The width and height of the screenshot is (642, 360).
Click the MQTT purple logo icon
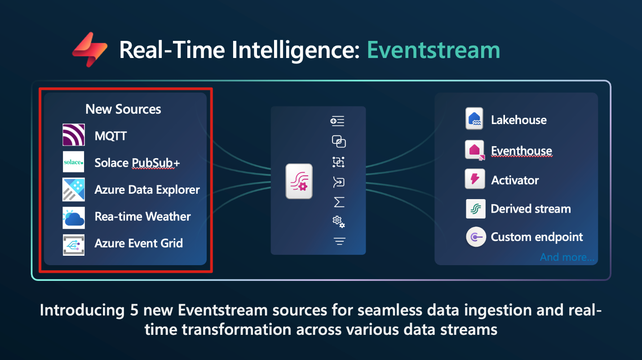click(x=74, y=135)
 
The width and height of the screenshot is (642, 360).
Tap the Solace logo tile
click(x=73, y=162)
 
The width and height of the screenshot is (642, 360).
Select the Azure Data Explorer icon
click(x=74, y=190)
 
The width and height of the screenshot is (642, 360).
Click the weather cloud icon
click(x=74, y=218)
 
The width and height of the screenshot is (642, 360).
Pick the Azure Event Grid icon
click(x=74, y=245)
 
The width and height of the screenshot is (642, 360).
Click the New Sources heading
click(x=123, y=109)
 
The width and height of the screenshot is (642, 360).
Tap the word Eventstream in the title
click(x=434, y=50)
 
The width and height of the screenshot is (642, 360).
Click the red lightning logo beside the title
click(x=90, y=49)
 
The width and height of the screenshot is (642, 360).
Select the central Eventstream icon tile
click(x=299, y=181)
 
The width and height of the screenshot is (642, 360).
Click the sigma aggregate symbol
click(x=339, y=202)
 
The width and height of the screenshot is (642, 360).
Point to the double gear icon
click(x=339, y=222)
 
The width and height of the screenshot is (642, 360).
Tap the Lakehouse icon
click(x=474, y=119)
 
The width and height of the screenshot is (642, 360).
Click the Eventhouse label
click(x=522, y=151)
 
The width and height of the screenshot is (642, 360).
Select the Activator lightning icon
click(x=475, y=179)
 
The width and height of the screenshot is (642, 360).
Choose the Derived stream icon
click(x=476, y=209)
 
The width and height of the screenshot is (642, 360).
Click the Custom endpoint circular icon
click(x=476, y=237)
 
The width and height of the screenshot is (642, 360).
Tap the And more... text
click(x=567, y=257)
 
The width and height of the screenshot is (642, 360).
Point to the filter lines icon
click(x=339, y=241)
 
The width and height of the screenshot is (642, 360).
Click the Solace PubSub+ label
click(x=137, y=163)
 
